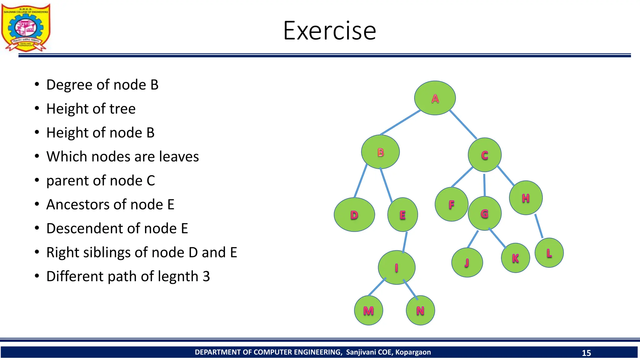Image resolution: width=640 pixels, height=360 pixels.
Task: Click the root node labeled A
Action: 435,98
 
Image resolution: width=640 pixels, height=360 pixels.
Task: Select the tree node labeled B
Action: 380,152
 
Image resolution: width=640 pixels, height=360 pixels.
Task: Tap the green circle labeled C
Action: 484,155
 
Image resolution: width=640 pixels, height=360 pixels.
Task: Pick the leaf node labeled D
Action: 354,215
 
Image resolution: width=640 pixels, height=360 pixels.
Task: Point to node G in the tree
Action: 484,214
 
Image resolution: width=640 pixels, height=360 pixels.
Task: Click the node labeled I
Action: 396,267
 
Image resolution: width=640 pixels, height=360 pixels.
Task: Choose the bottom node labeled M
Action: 368,311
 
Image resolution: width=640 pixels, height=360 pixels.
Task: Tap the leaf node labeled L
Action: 549,253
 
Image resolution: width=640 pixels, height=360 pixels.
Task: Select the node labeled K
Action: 515,258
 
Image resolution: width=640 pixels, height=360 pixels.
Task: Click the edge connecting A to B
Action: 401,122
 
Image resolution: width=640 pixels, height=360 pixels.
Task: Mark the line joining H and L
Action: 539,226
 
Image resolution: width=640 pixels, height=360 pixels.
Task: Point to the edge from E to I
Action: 405,242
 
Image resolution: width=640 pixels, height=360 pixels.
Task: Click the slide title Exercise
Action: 329,31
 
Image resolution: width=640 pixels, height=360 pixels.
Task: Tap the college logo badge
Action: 26,27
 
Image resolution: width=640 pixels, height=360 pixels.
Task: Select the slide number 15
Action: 586,353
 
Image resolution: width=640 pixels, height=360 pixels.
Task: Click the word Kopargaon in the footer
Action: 413,352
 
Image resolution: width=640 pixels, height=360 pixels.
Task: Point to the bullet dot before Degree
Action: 37,85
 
